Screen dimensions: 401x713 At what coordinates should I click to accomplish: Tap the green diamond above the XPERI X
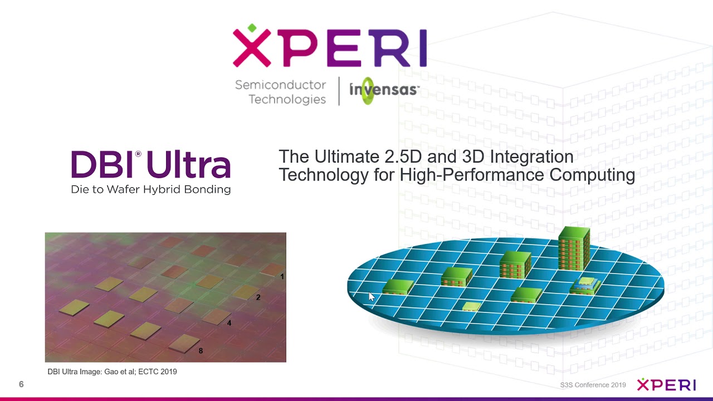tap(252, 27)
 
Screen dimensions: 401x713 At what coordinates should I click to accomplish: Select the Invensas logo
tap(384, 90)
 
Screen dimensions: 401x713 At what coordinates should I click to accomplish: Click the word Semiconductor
tap(280, 85)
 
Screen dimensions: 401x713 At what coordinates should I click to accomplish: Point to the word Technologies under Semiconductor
tap(287, 100)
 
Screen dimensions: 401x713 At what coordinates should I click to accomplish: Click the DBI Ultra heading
tap(150, 165)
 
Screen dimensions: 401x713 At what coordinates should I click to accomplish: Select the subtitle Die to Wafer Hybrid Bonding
tap(150, 190)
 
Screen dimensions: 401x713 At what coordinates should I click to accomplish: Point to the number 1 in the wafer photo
tap(282, 277)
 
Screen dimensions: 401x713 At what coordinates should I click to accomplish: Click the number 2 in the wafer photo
tap(258, 297)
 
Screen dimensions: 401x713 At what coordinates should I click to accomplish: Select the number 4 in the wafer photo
tap(229, 323)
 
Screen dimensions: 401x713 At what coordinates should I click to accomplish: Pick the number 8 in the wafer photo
tap(201, 351)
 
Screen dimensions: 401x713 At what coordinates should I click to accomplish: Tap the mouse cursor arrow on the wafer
tap(372, 296)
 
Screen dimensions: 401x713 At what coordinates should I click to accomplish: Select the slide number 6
tap(21, 384)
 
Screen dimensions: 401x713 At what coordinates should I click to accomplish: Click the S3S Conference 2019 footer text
tap(593, 385)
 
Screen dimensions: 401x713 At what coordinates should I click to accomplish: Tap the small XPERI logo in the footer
tap(666, 385)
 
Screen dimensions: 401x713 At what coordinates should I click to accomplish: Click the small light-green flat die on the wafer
tap(471, 306)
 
